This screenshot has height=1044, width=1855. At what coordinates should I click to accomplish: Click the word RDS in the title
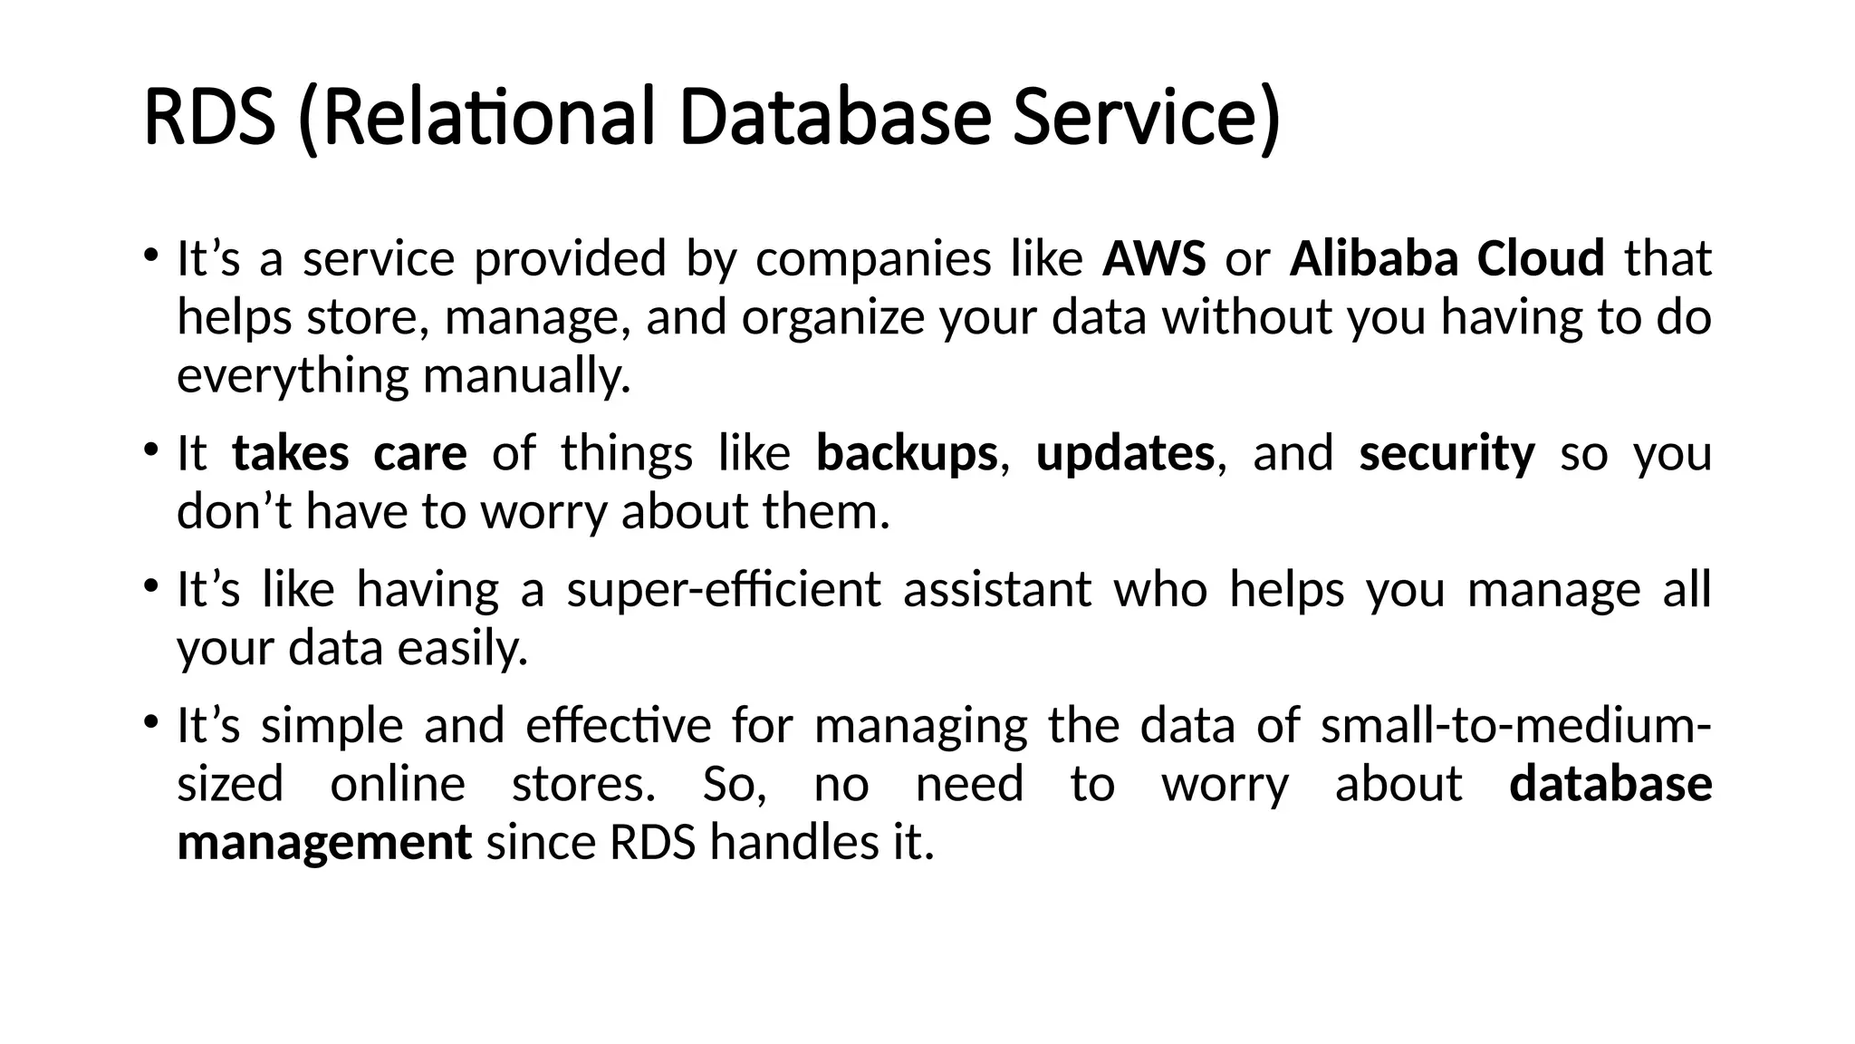pyautogui.click(x=209, y=117)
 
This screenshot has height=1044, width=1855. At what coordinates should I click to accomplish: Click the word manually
pyautogui.click(x=526, y=376)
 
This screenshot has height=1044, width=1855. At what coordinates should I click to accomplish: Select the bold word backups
pyautogui.click(x=906, y=453)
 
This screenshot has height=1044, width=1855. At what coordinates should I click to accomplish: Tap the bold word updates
pyautogui.click(x=1124, y=453)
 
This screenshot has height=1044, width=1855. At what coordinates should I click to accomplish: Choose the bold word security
pyautogui.click(x=1447, y=453)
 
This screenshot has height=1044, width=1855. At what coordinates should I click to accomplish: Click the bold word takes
pyautogui.click(x=290, y=453)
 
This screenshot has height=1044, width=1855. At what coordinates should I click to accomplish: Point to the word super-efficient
pyautogui.click(x=723, y=590)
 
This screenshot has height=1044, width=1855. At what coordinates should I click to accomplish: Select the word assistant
pyautogui.click(x=997, y=590)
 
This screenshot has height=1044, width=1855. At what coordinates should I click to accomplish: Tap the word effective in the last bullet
pyautogui.click(x=619, y=726)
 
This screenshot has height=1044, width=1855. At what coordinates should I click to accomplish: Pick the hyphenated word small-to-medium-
pyautogui.click(x=1515, y=726)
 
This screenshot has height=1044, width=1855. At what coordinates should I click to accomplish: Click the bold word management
pyautogui.click(x=324, y=844)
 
